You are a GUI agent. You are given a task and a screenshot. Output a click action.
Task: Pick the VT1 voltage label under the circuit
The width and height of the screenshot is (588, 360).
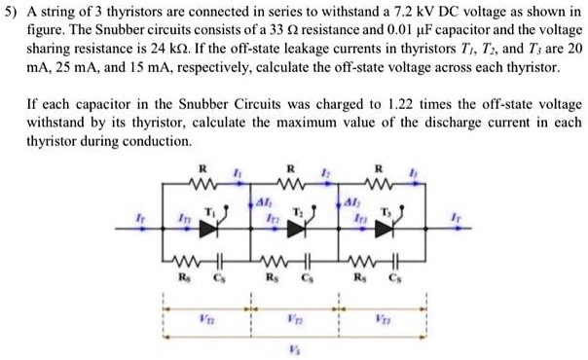click(x=206, y=317)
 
